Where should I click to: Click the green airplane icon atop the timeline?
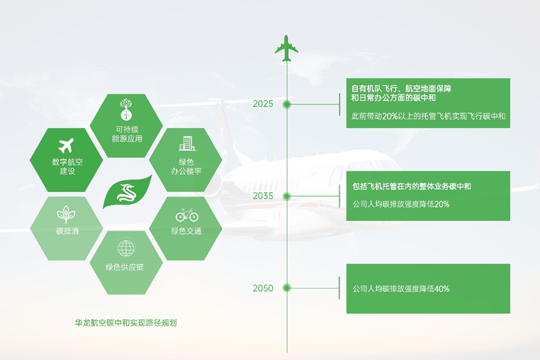click(x=287, y=49)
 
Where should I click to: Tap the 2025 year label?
click(x=263, y=104)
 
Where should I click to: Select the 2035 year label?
click(x=263, y=196)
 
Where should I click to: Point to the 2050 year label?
click(x=263, y=288)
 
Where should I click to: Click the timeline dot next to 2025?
click(x=287, y=104)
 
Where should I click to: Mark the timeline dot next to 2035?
click(x=287, y=196)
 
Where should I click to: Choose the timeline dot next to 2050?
click(x=287, y=288)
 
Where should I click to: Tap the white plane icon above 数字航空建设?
click(x=66, y=145)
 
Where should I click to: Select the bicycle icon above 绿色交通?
click(x=187, y=216)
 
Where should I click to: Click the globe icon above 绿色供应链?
click(x=126, y=248)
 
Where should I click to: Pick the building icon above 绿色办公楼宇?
click(x=187, y=144)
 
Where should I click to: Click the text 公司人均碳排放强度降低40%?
click(x=401, y=289)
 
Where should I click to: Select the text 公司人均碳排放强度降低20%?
click(x=401, y=204)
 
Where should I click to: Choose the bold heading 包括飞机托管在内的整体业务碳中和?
click(x=411, y=187)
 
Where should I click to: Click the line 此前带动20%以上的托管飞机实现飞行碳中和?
click(x=428, y=116)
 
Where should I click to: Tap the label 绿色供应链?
click(x=125, y=267)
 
